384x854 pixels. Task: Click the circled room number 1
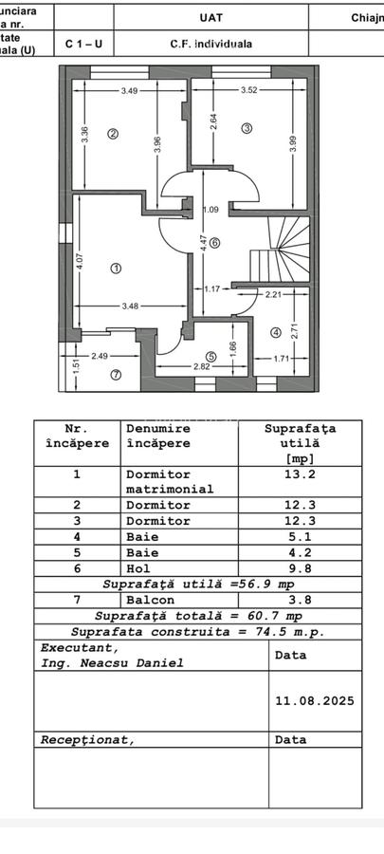pyautogui.click(x=116, y=269)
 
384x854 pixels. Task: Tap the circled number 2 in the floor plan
pyautogui.click(x=113, y=134)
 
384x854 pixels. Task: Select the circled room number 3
pyautogui.click(x=247, y=128)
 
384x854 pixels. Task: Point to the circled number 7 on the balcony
pyautogui.click(x=116, y=374)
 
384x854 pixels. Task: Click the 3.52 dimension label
pyautogui.click(x=248, y=91)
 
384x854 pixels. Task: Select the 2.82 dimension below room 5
pyautogui.click(x=202, y=366)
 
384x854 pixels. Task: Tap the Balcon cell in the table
pyautogui.click(x=147, y=600)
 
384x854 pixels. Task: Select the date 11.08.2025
pyautogui.click(x=314, y=701)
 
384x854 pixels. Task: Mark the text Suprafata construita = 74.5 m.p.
pyautogui.click(x=198, y=632)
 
